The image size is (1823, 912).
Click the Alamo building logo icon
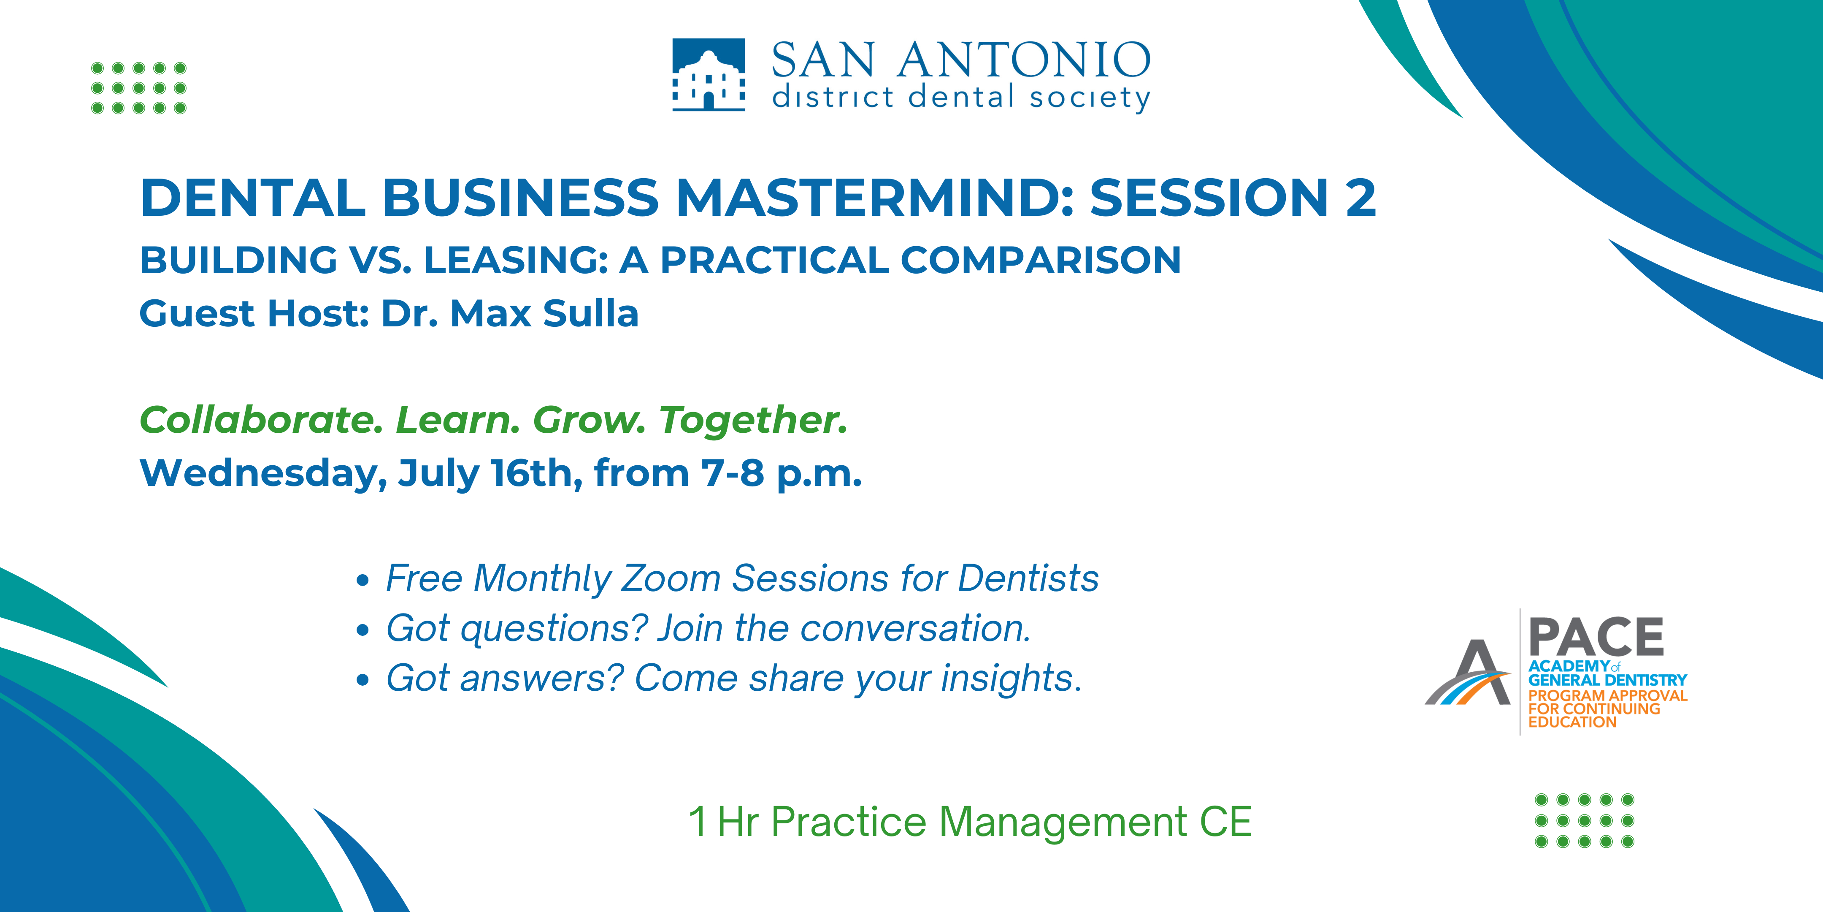tap(709, 74)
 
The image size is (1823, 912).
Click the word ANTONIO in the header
tap(1024, 60)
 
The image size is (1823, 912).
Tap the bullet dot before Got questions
tap(363, 630)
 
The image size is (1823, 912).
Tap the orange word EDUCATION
tap(1572, 722)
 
